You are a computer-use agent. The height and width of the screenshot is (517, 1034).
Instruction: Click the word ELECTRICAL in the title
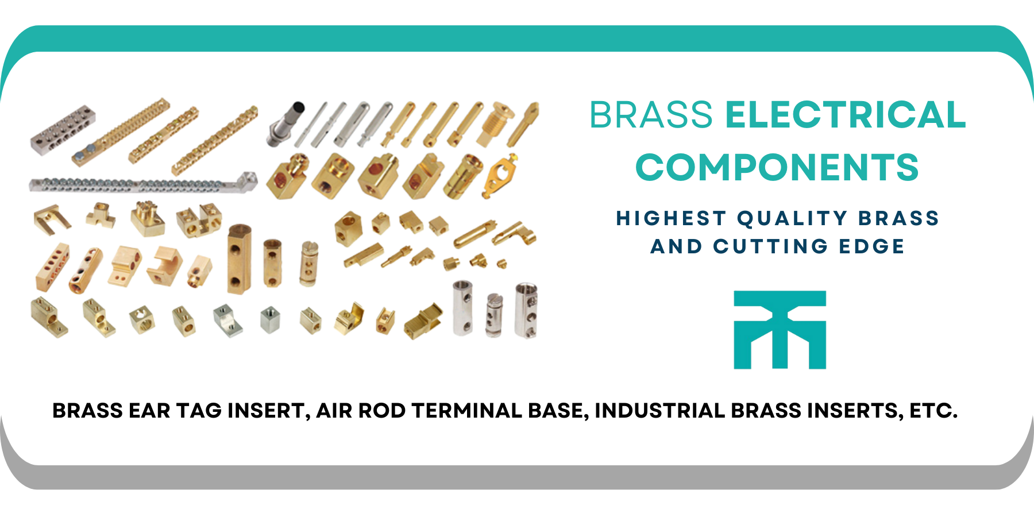click(846, 114)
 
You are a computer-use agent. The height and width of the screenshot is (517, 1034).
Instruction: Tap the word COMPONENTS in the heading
click(777, 167)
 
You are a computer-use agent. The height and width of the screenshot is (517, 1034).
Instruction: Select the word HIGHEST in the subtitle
click(672, 218)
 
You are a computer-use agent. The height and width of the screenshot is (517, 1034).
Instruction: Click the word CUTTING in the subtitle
click(770, 246)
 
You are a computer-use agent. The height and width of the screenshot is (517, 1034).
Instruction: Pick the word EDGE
click(871, 246)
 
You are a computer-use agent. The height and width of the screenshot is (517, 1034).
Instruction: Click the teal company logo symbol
click(780, 330)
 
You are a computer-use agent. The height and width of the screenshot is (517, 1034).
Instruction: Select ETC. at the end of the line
click(933, 411)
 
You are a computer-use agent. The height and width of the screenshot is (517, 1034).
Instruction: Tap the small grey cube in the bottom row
click(270, 319)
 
